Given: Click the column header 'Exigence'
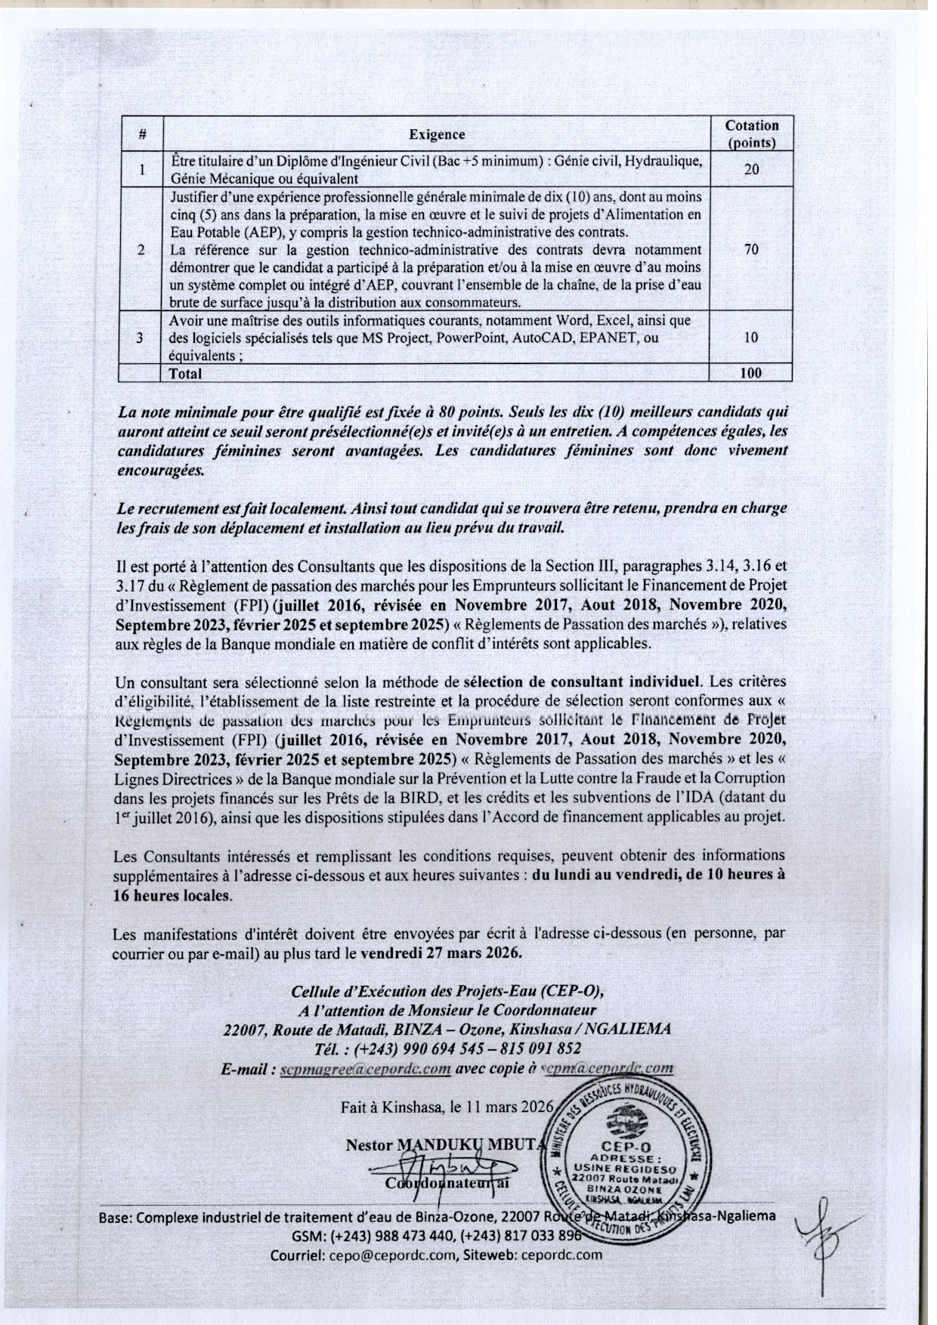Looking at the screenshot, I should pos(437,134).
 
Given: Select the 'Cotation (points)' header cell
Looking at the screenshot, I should pos(751,134).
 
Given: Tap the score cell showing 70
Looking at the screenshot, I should pos(751,249).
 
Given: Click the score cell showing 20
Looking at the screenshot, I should pos(751,169).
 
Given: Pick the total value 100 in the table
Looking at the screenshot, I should pos(751,372).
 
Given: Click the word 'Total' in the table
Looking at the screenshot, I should pos(186,372).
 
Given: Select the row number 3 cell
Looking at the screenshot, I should pos(141,338).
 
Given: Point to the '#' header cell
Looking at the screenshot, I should pos(142,134).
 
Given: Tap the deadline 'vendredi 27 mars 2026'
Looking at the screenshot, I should pos(441,953).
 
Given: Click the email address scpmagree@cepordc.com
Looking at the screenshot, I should pos(366,1069).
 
